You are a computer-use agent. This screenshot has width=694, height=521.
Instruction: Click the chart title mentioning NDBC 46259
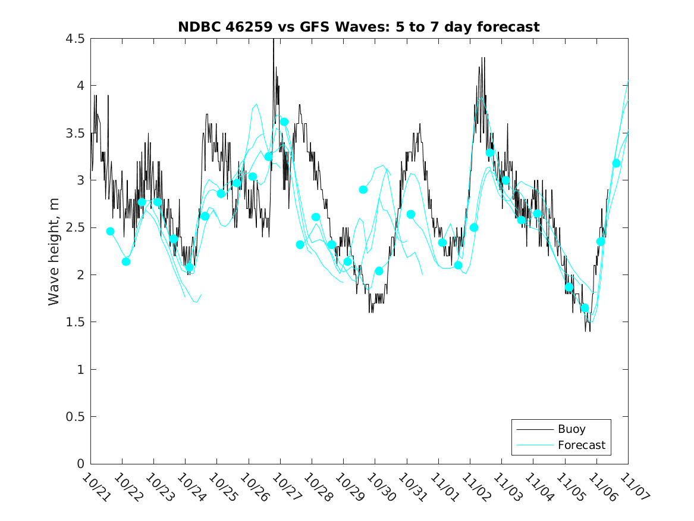359,27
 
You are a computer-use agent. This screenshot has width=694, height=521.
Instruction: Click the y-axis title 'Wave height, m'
54,251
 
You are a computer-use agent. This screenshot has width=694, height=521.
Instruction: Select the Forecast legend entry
581,445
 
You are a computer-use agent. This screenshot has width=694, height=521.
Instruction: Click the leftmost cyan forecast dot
110,231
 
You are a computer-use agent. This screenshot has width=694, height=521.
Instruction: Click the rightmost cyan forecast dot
616,163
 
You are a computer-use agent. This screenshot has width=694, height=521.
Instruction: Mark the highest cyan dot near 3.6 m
284,121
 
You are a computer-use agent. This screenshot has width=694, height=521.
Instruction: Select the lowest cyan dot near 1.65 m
585,308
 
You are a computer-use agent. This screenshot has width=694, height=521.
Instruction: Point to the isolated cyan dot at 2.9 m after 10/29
363,189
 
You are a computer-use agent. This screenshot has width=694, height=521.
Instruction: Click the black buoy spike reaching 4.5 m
273,42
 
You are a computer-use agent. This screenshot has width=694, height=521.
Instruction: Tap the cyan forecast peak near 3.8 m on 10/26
256,104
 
